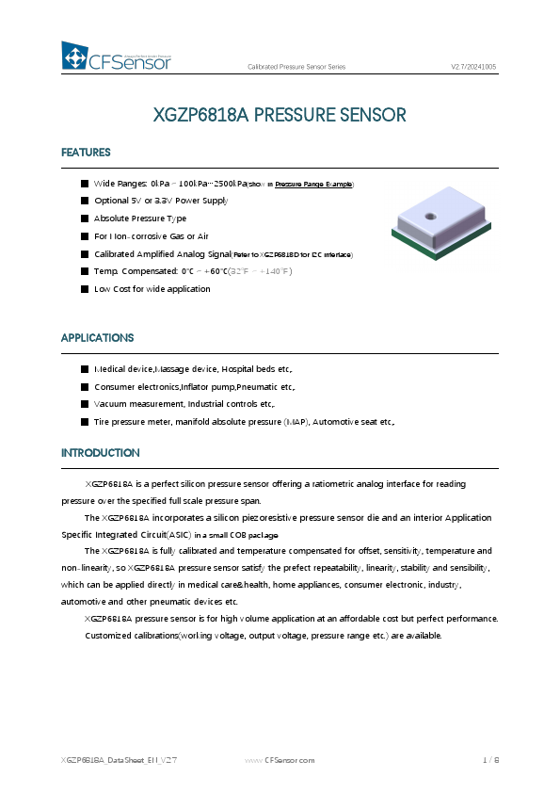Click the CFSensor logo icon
[74, 57]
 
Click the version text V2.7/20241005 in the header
[473, 68]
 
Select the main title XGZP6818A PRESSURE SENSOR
[280, 116]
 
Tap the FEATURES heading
[86, 153]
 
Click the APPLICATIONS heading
[97, 337]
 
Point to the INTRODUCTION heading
[101, 453]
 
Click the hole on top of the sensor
[431, 217]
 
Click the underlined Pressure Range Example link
[313, 184]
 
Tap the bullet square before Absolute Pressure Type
[85, 218]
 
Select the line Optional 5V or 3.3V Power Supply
[161, 201]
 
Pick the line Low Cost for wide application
[152, 289]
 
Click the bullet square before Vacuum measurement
[85, 403]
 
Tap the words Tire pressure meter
[126, 421]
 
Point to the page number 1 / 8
[490, 759]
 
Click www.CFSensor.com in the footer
[280, 759]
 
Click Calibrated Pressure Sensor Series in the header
[296, 68]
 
